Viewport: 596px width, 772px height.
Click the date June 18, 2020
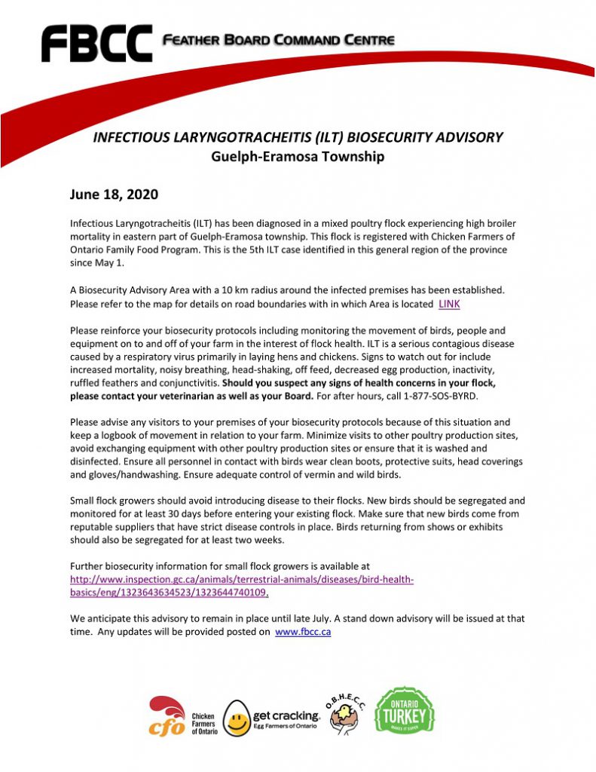pyautogui.click(x=114, y=195)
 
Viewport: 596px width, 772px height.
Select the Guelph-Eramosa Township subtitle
pyautogui.click(x=298, y=157)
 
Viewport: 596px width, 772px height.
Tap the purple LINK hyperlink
pyautogui.click(x=449, y=304)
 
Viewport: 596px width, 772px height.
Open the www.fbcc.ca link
pyautogui.click(x=303, y=633)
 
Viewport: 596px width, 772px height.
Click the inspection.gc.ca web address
pyautogui.click(x=242, y=586)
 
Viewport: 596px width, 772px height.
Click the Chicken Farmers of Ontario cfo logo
pyautogui.click(x=167, y=717)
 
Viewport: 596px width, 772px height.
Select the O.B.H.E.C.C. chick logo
pyautogui.click(x=344, y=713)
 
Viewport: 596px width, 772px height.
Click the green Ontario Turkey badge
pyautogui.click(x=405, y=712)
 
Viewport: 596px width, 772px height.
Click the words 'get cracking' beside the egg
pyautogui.click(x=286, y=715)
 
